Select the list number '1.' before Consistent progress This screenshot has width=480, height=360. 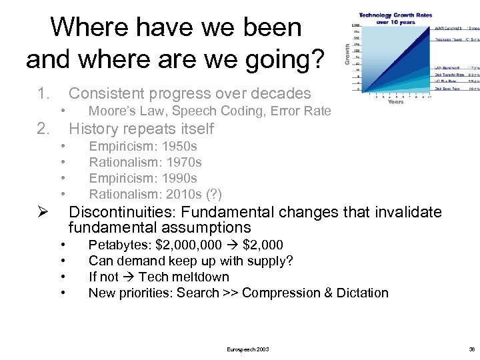[x=44, y=93]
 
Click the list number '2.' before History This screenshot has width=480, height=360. [x=44, y=129]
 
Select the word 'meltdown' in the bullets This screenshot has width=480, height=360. [x=200, y=277]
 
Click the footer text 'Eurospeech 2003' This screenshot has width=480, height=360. [x=248, y=349]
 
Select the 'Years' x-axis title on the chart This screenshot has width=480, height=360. [x=395, y=102]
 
